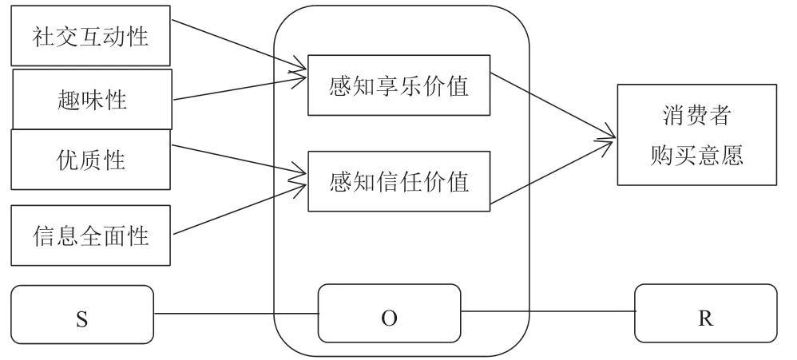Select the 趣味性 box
[91, 99]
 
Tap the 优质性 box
[91, 160]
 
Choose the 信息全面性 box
[91, 236]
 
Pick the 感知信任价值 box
[398, 182]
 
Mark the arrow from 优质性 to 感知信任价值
[240, 159]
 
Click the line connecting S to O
[236, 314]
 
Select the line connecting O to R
[548, 313]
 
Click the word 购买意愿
[696, 155]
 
